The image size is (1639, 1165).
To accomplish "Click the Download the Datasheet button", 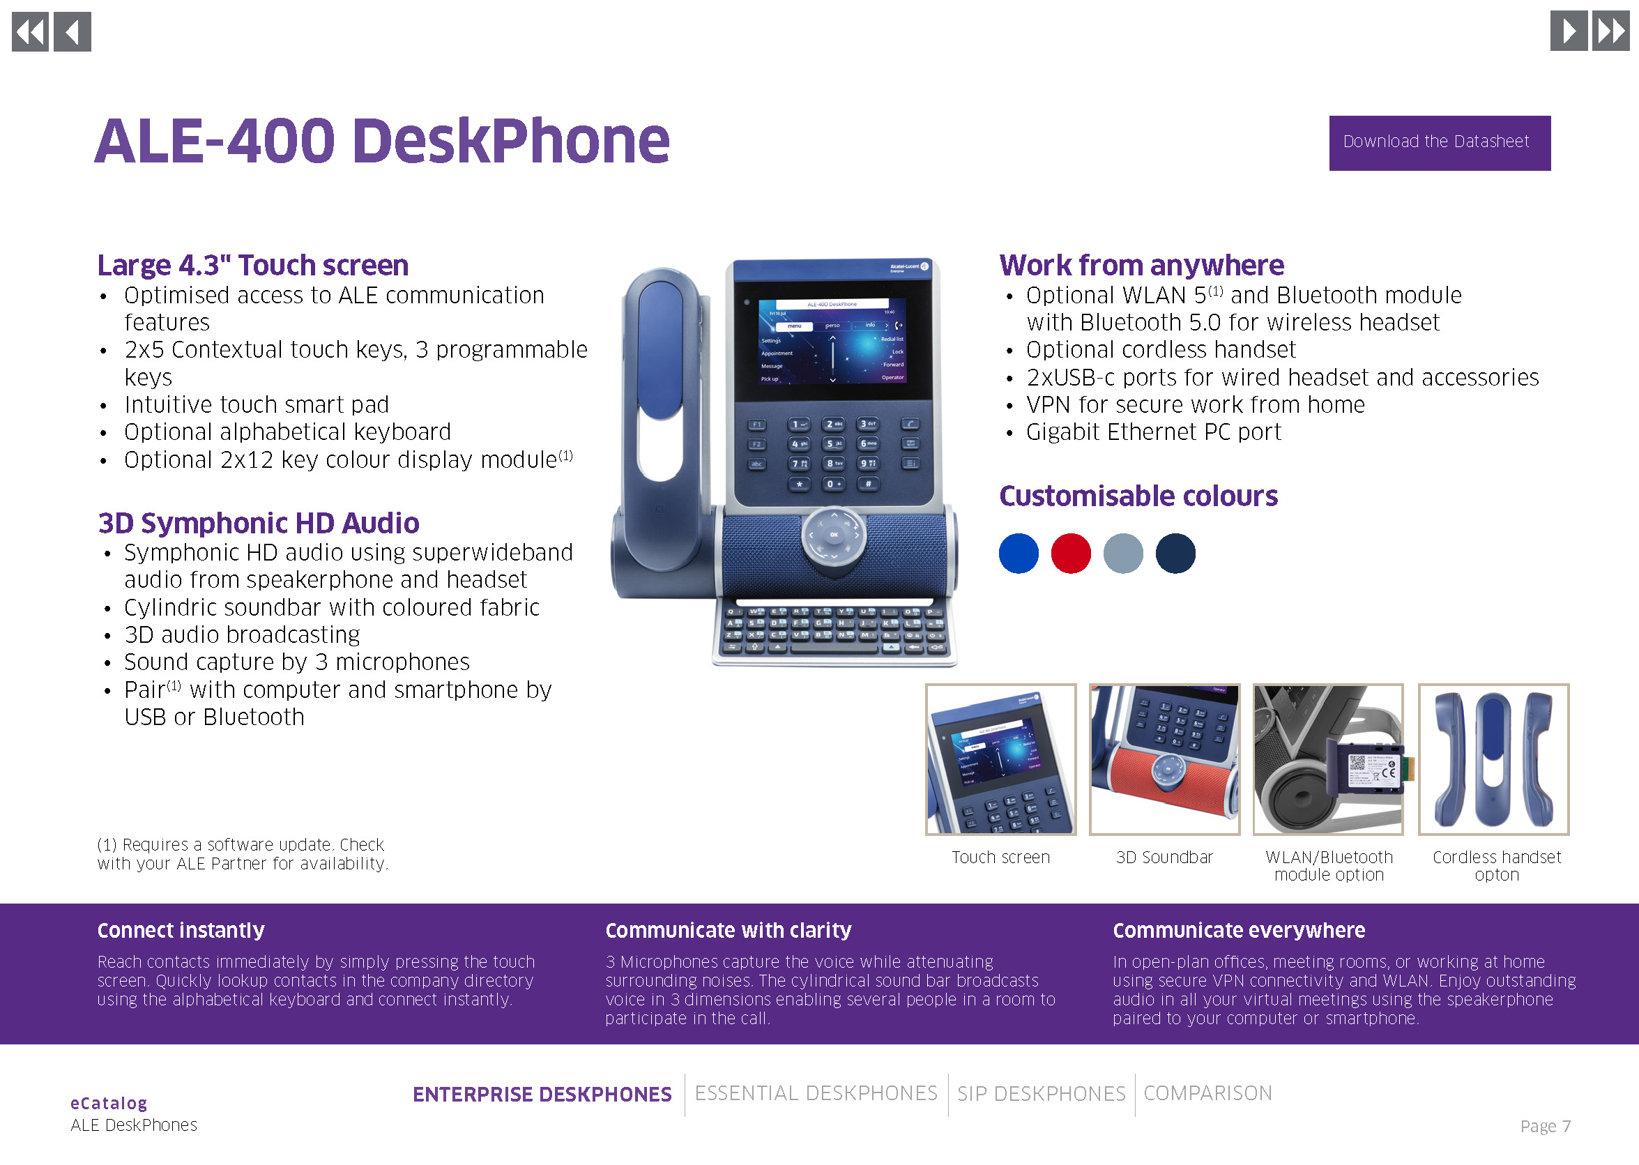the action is coord(1439,143).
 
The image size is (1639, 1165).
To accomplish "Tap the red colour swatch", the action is coord(1070,553).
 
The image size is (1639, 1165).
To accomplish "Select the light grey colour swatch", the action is coord(1122,553).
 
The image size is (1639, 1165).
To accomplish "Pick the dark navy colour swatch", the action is coord(1175,553).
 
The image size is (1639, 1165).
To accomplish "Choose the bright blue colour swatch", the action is coord(1019,553).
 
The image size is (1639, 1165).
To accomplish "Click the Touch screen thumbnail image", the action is coord(1000,759).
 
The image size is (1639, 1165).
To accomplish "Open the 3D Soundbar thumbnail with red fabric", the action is coord(1164,759).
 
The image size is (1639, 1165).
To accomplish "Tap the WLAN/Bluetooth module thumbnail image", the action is coord(1327,759).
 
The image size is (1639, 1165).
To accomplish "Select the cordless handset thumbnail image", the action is coord(1493,759).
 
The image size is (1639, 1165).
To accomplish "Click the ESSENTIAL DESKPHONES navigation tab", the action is coord(816,1092).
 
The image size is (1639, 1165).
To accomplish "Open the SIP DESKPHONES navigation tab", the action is coord(1042,1093).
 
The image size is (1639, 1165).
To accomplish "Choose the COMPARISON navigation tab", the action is coord(1208,1092).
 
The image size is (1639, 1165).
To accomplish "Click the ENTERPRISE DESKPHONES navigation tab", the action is coord(542,1094).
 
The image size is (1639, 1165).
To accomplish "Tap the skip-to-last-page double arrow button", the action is coord(1610,31).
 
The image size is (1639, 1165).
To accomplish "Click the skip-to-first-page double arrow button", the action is coord(30,31).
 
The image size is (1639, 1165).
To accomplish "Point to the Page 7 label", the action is coord(1545,1125).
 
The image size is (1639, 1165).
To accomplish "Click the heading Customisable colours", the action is coord(1138,496).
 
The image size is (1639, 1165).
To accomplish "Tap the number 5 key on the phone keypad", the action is coord(833,443).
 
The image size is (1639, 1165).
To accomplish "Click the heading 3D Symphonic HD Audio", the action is coord(258,523).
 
